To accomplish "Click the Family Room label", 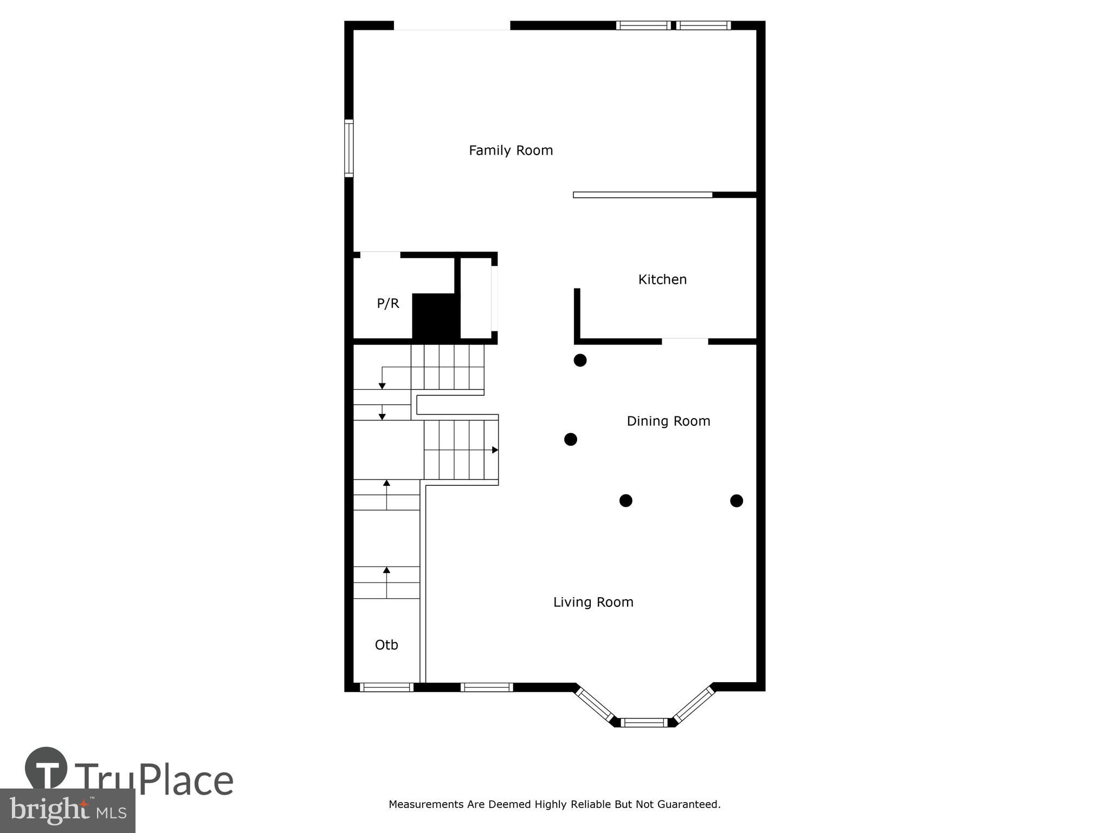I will click(511, 150).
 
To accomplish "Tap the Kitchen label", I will click(662, 279).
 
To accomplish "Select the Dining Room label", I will click(668, 421).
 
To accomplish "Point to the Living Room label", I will click(593, 602).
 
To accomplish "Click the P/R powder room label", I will click(388, 304).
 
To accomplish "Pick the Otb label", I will click(386, 645).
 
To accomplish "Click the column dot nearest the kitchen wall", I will click(580, 360).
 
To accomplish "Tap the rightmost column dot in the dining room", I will click(736, 501).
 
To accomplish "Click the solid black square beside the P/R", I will click(436, 316).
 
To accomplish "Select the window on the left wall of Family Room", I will click(349, 148).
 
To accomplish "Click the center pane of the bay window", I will click(644, 722).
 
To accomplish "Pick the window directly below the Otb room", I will click(386, 687).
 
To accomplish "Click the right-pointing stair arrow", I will click(494, 450).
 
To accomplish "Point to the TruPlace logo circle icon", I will click(46, 767).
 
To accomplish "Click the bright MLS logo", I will click(67, 810).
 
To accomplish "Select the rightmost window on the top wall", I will click(703, 25).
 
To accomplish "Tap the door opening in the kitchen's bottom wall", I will click(685, 341).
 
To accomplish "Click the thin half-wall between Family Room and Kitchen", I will click(643, 195).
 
